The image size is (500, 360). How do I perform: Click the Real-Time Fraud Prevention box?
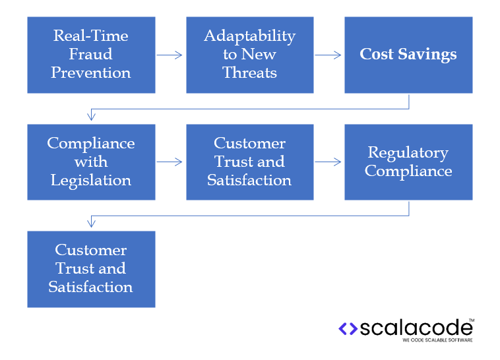(91, 55)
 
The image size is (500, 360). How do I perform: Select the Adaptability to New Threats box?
(249, 55)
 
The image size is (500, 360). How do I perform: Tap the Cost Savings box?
(408, 55)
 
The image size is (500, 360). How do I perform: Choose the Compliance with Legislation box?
(91, 162)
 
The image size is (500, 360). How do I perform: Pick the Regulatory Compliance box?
(408, 162)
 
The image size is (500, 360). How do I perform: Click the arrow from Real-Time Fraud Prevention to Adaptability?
(170, 55)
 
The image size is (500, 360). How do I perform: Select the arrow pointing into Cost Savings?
(328, 55)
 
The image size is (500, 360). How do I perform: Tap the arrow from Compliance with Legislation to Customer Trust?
(170, 162)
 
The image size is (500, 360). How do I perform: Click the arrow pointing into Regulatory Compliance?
(328, 162)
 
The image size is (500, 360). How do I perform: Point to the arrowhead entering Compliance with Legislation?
(91, 117)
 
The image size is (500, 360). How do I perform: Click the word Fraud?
(91, 54)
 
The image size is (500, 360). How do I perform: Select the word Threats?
(249, 73)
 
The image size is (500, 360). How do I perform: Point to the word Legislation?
(91, 180)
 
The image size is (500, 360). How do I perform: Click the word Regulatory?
(408, 152)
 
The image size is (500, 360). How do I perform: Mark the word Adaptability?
(249, 36)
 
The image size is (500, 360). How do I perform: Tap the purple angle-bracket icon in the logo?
(348, 328)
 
